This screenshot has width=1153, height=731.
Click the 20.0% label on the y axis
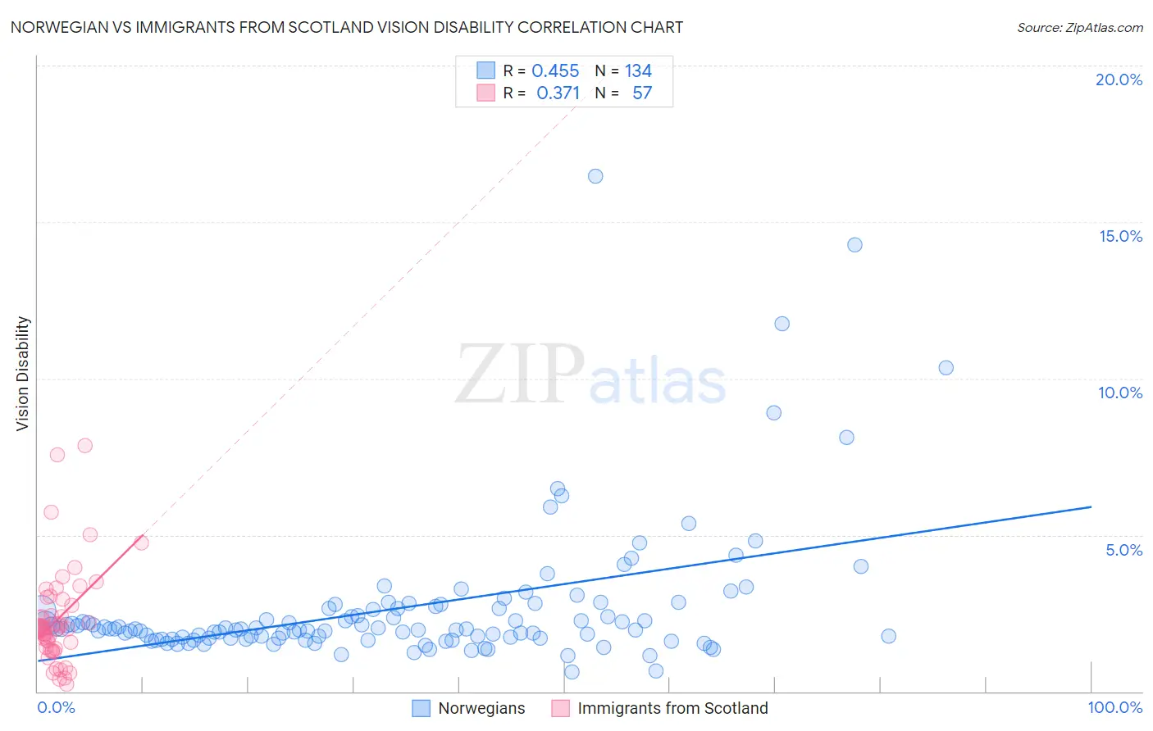click(x=1119, y=79)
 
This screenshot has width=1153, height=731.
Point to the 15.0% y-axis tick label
click(x=1120, y=236)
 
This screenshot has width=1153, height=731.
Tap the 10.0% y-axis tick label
click(x=1120, y=393)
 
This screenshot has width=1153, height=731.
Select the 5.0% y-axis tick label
click(x=1123, y=550)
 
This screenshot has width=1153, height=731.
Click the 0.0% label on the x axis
click(x=56, y=707)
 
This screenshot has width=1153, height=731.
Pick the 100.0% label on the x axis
click(x=1114, y=707)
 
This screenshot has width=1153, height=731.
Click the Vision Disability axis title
click(x=23, y=374)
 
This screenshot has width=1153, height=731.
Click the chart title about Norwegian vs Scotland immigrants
click(x=347, y=27)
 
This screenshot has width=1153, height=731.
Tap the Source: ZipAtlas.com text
click(x=1079, y=27)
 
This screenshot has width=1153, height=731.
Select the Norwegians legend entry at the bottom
click(x=481, y=708)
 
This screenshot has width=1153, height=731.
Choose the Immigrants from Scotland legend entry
click(x=672, y=708)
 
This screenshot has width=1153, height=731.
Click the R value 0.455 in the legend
click(x=555, y=71)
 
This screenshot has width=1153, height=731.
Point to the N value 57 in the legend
click(x=642, y=93)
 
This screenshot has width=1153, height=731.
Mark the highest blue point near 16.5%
click(x=595, y=176)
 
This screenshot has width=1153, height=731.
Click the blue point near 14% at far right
click(x=854, y=245)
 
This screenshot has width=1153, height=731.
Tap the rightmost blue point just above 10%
click(x=946, y=368)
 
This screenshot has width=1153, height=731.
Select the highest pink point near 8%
click(x=84, y=446)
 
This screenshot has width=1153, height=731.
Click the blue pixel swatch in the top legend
click(x=485, y=71)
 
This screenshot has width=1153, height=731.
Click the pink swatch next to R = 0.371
click(x=485, y=93)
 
